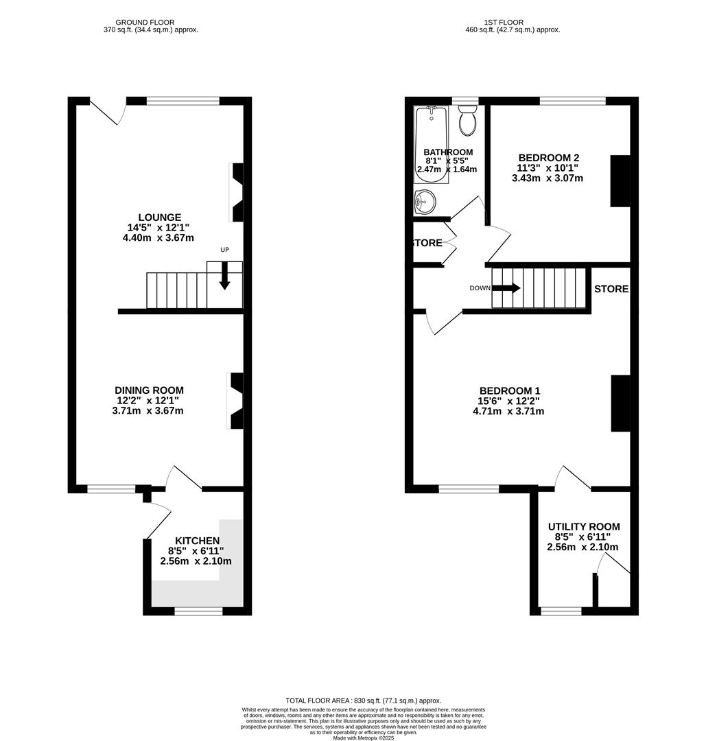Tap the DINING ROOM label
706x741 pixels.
(150, 390)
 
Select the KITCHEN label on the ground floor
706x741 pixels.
(197, 541)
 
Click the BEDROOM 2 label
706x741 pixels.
(548, 157)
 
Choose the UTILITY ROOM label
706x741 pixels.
(583, 527)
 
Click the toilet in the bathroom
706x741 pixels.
(469, 121)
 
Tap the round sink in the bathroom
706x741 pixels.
(424, 201)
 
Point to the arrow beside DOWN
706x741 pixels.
(506, 288)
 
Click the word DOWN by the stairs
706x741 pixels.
(480, 288)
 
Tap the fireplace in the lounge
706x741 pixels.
(237, 192)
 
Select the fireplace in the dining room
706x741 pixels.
(237, 401)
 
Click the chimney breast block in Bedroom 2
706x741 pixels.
(620, 181)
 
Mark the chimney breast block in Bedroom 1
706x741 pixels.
(620, 403)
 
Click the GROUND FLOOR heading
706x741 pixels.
(145, 23)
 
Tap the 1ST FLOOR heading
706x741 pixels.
(513, 23)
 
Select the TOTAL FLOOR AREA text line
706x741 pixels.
(363, 700)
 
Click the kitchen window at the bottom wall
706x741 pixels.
(198, 611)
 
